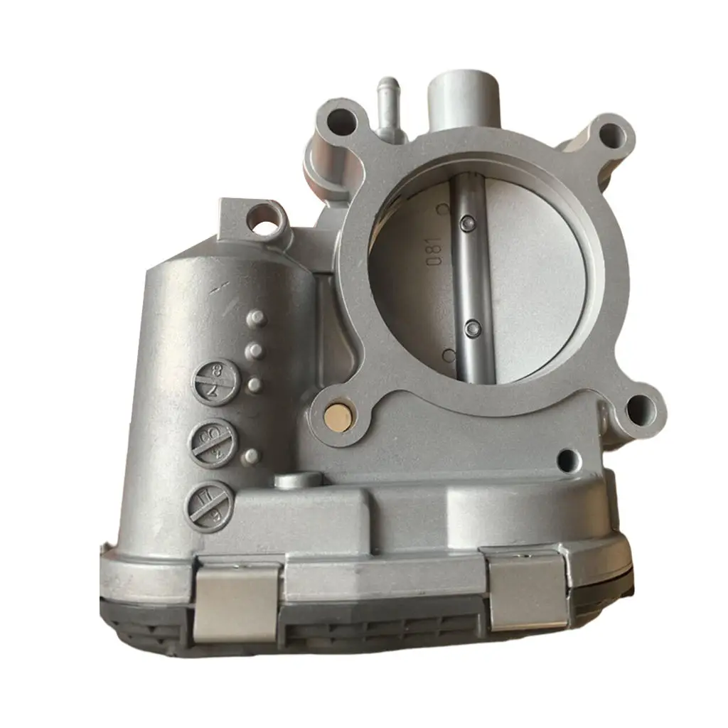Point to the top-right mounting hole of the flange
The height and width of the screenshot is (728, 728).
pyautogui.click(x=612, y=134)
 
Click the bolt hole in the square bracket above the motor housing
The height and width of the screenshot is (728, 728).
pyautogui.click(x=264, y=218)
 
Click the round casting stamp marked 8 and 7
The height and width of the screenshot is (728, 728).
pyautogui.click(x=214, y=384)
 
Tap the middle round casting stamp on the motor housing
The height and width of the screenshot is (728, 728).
pyautogui.click(x=210, y=445)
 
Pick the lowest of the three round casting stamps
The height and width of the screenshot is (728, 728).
pyautogui.click(x=208, y=503)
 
